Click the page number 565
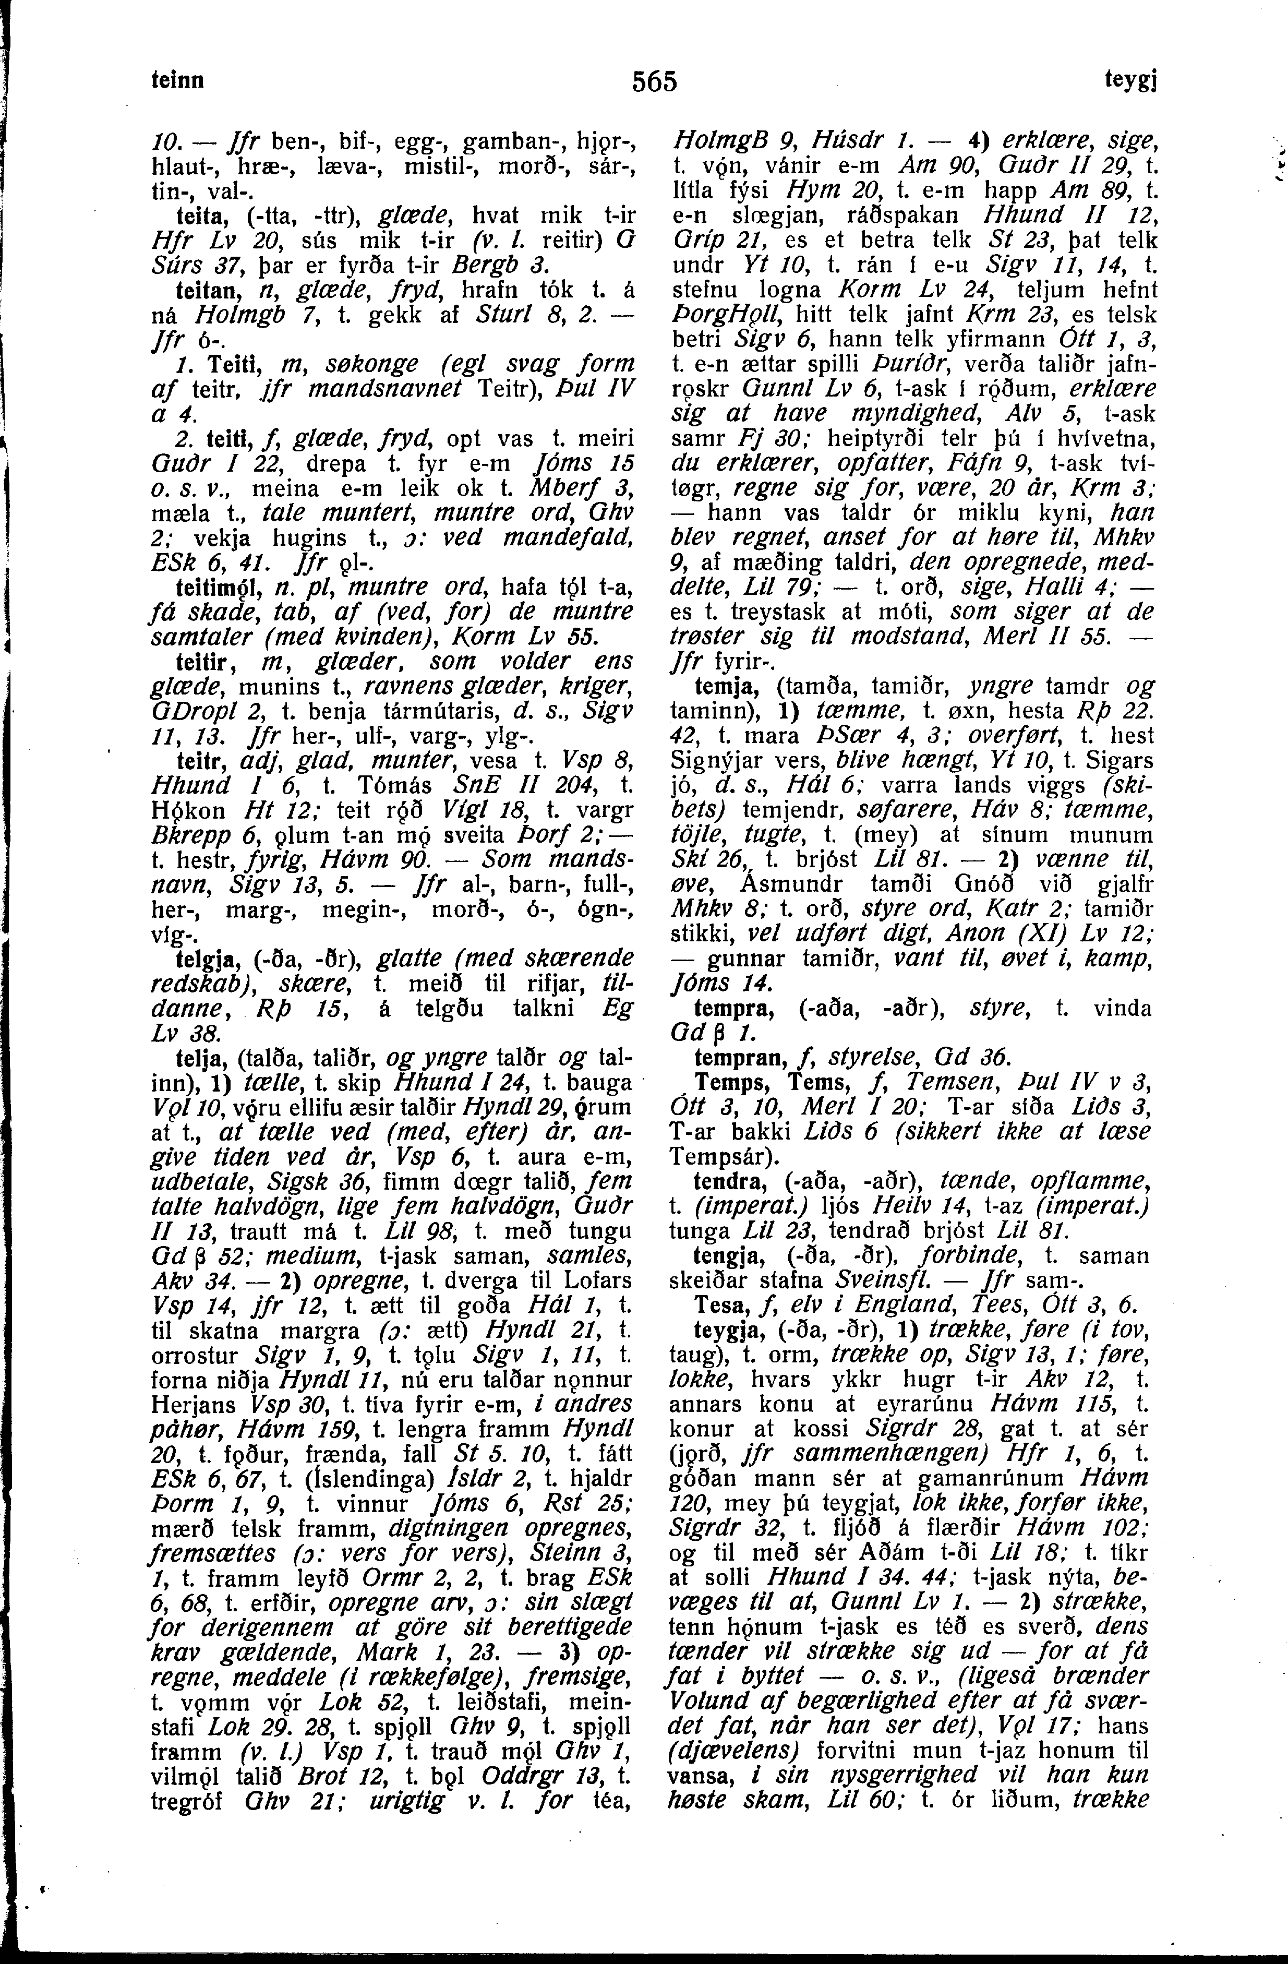point(654,82)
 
